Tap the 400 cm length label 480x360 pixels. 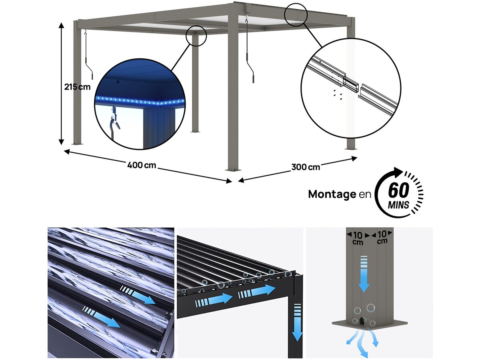(142, 165)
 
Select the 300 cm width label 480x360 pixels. (306, 167)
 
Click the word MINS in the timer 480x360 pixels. (398, 206)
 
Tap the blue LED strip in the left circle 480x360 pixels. (140, 101)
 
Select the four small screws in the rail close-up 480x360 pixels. (336, 94)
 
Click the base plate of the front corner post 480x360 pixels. (233, 170)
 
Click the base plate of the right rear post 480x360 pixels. (351, 148)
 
